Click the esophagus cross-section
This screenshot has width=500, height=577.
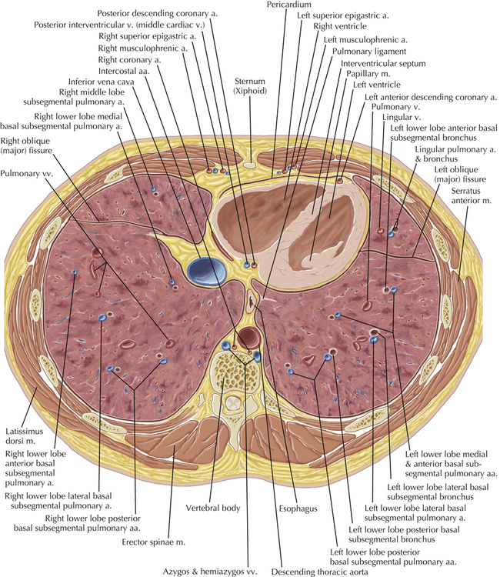click(252, 301)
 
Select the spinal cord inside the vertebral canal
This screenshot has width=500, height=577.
click(233, 404)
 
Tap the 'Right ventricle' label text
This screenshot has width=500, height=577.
click(340, 26)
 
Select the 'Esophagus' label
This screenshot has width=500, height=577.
click(298, 509)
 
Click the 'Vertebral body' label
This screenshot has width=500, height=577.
click(213, 509)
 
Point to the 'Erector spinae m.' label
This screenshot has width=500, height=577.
click(153, 542)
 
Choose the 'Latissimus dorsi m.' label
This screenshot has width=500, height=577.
click(25, 436)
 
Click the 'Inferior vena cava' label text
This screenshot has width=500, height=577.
click(102, 82)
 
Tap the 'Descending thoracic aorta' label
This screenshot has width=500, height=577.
click(320, 572)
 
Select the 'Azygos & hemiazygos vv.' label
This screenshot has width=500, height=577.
click(210, 572)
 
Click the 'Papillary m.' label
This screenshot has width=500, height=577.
click(368, 74)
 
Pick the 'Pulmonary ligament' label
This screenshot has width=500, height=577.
click(369, 51)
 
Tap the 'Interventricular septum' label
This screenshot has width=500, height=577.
click(383, 63)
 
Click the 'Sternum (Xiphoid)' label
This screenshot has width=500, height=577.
click(250, 86)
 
